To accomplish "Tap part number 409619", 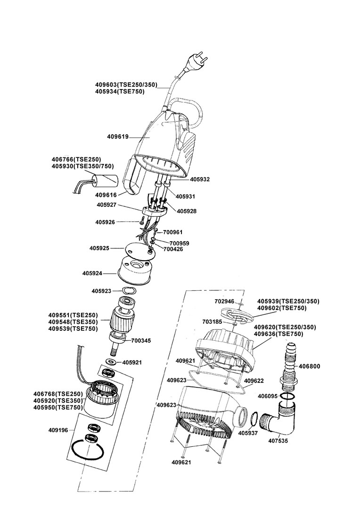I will point(118,137).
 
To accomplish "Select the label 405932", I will point(200,180).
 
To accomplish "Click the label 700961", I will point(172,232).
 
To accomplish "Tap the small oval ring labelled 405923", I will point(129,291).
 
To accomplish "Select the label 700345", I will point(141,340).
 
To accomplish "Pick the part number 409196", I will point(58,430).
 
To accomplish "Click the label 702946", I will point(224,301).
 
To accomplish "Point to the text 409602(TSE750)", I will point(282,308).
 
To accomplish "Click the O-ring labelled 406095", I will point(288,396).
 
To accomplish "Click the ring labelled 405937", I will point(254,419).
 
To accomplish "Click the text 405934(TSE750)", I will point(120,91).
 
